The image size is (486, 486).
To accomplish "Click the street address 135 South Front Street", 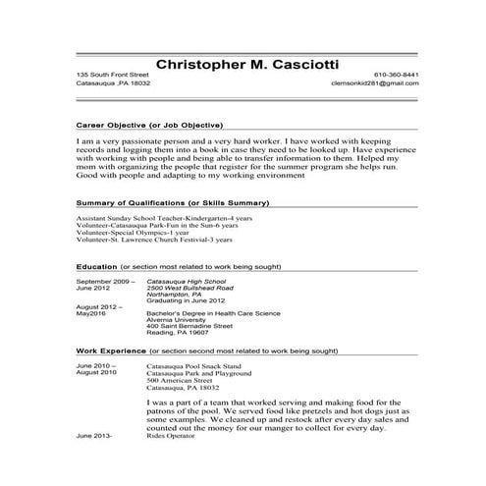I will [113, 75].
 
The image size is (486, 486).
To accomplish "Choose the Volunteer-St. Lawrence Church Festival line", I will [154, 239].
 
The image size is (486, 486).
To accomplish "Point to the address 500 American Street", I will [176, 380].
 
